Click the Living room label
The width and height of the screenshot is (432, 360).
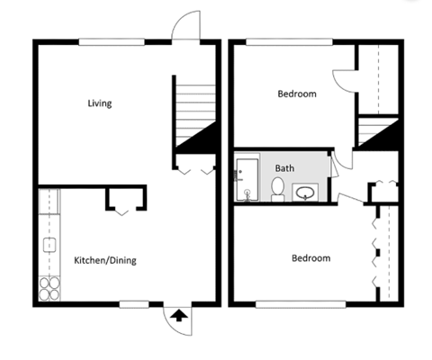[x=99, y=103]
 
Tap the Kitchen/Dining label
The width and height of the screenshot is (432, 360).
[x=104, y=261]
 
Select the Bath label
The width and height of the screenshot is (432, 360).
[x=284, y=168]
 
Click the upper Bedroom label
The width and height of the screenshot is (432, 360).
[x=296, y=94]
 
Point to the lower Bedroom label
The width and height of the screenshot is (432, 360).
[x=310, y=258]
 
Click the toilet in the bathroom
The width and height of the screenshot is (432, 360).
[x=278, y=189]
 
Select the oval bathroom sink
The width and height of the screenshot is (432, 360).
[x=306, y=192]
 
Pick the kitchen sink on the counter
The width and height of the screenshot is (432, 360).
[x=49, y=244]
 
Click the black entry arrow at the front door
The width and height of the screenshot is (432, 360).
[x=179, y=315]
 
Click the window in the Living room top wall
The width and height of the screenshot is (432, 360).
[x=110, y=41]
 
